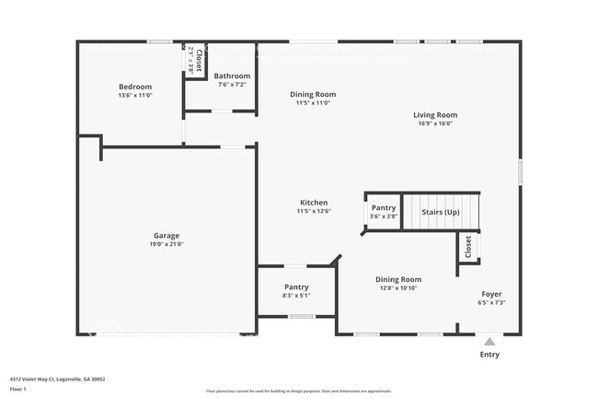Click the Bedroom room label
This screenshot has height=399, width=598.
[x=134, y=86]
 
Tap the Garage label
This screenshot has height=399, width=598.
[x=167, y=235]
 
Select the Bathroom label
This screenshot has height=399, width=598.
[x=233, y=76]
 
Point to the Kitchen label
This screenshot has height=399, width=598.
[x=314, y=203]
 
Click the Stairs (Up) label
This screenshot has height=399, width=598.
[x=441, y=213]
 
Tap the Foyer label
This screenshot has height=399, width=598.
[x=492, y=293]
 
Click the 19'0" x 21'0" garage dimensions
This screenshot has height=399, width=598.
[x=167, y=244]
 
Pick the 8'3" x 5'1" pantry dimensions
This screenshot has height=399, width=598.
[x=296, y=296]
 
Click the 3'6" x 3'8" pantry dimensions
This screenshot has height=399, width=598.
[x=384, y=217]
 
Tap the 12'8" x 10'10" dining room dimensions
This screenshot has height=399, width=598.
[x=398, y=288]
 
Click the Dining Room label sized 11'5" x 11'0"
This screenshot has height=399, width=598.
[x=313, y=94]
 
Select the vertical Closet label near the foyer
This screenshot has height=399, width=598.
[x=468, y=246]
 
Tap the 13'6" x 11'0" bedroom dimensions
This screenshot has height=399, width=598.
[x=134, y=95]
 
